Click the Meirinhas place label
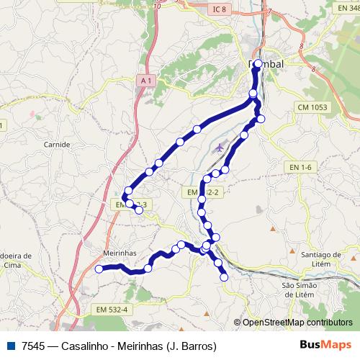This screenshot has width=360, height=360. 110,253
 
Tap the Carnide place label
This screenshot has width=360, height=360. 58,144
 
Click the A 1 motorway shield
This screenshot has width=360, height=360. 147,81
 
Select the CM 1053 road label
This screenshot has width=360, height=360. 310,107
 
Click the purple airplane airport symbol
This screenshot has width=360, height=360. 220,147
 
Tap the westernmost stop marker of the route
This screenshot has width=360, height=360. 99,269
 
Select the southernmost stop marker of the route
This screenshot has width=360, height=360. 225,276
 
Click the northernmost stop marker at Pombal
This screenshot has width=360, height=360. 258,63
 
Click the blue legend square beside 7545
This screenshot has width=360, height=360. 10,346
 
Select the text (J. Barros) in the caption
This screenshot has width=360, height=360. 191,346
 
